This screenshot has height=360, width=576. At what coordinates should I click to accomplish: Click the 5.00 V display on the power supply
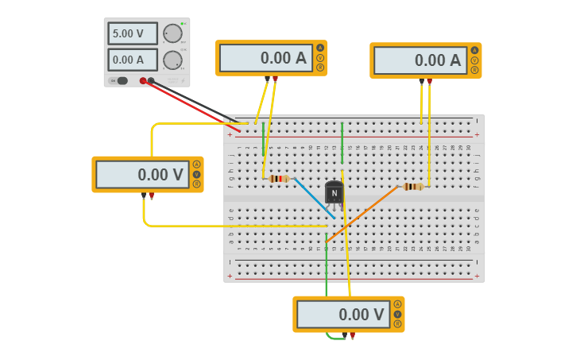coord(131,33)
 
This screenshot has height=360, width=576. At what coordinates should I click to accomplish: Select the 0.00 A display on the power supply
coord(131,60)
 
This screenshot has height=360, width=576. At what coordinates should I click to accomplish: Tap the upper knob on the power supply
coord(172,33)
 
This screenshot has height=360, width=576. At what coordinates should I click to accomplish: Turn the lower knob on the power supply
coord(172,60)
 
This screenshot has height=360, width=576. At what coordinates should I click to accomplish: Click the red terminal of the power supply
coord(143,80)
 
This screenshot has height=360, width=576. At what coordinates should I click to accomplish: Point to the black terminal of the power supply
coord(151,80)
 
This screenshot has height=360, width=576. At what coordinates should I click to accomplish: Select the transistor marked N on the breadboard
coord(334,193)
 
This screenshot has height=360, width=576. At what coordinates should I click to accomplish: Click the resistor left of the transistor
coord(279,179)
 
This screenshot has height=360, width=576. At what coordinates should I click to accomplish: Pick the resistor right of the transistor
coord(412,187)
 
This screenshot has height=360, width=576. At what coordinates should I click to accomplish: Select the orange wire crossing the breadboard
coord(361,214)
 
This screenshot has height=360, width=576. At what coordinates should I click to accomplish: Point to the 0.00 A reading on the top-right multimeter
coord(419,60)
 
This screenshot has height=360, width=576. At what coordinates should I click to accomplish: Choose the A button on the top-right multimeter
coord(474,50)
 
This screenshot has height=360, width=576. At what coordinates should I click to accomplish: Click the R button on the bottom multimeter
coord(397,323)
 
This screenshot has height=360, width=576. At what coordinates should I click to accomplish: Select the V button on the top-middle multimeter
coord(320,57)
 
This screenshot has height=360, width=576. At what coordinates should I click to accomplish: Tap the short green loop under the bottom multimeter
coord(335,338)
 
